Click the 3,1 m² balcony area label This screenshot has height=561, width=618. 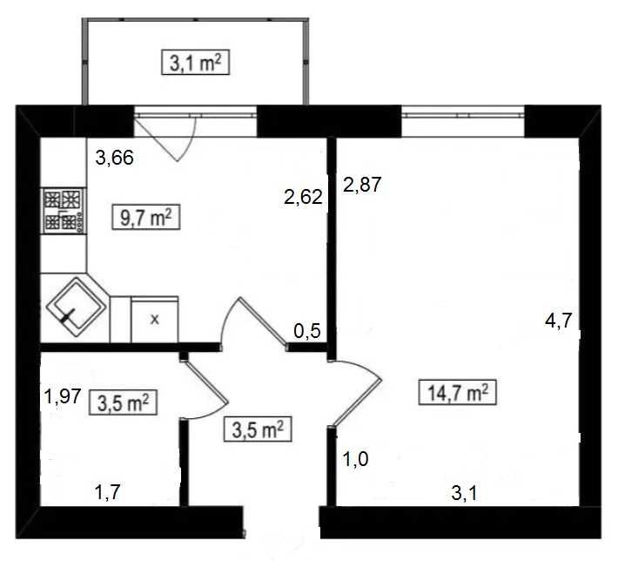(196, 63)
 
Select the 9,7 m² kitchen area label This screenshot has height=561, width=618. (146, 217)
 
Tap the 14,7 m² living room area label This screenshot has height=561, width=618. (457, 393)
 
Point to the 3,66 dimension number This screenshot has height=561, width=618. (115, 159)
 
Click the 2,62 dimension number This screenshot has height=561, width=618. (303, 197)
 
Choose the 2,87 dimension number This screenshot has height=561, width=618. (363, 185)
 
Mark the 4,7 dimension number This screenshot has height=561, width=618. (558, 321)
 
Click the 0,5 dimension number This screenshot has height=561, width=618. (307, 331)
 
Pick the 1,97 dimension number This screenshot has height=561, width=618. (63, 395)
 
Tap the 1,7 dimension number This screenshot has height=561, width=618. (107, 492)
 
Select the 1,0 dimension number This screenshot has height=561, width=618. (356, 459)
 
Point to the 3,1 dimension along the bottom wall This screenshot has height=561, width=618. (464, 493)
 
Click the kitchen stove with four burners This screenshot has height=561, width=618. (64, 210)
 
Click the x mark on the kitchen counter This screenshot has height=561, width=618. (155, 320)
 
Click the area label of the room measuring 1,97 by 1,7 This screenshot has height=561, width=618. (124, 402)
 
